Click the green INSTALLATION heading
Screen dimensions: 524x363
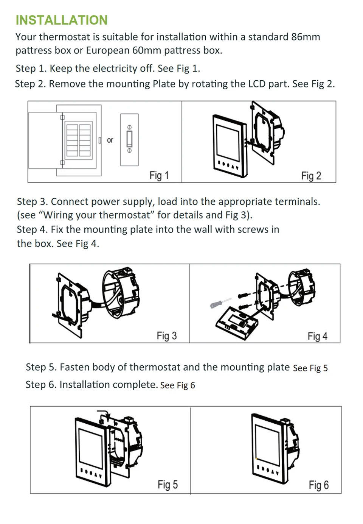pyautogui.click(x=62, y=20)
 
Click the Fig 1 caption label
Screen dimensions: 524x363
pyautogui.click(x=159, y=175)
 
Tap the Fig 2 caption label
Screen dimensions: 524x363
pyautogui.click(x=311, y=176)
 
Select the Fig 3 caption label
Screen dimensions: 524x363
pyautogui.click(x=167, y=336)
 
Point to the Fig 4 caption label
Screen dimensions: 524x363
pyautogui.click(x=317, y=336)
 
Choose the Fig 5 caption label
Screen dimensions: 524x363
pyautogui.click(x=168, y=485)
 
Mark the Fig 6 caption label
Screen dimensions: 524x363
pyautogui.click(x=318, y=485)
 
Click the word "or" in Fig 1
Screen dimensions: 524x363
pyautogui.click(x=110, y=140)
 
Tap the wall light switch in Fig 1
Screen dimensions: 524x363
pyautogui.click(x=129, y=139)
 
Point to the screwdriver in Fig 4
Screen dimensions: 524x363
pyautogui.click(x=220, y=303)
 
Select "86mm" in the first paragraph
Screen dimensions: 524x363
pyautogui.click(x=306, y=37)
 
